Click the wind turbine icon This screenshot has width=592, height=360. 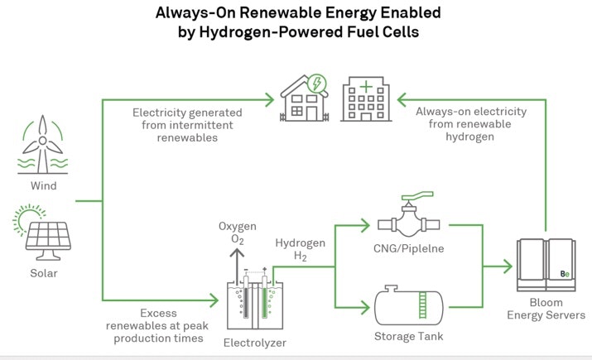pos(40,147)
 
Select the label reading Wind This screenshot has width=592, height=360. pos(40,186)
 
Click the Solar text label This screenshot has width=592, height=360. pos(40,272)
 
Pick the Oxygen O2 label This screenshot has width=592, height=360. pos(238,233)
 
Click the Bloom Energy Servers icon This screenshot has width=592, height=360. pos(545,265)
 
